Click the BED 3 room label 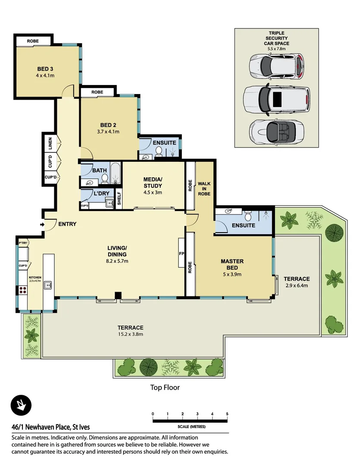tap(45, 69)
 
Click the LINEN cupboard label tap(50, 143)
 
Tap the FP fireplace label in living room tap(182, 253)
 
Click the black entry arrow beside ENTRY tap(41, 224)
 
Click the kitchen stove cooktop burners tap(22, 291)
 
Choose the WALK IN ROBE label tap(204, 189)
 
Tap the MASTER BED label tap(232, 264)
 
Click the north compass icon tap(20, 406)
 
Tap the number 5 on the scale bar tap(227, 414)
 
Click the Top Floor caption tap(165, 387)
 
